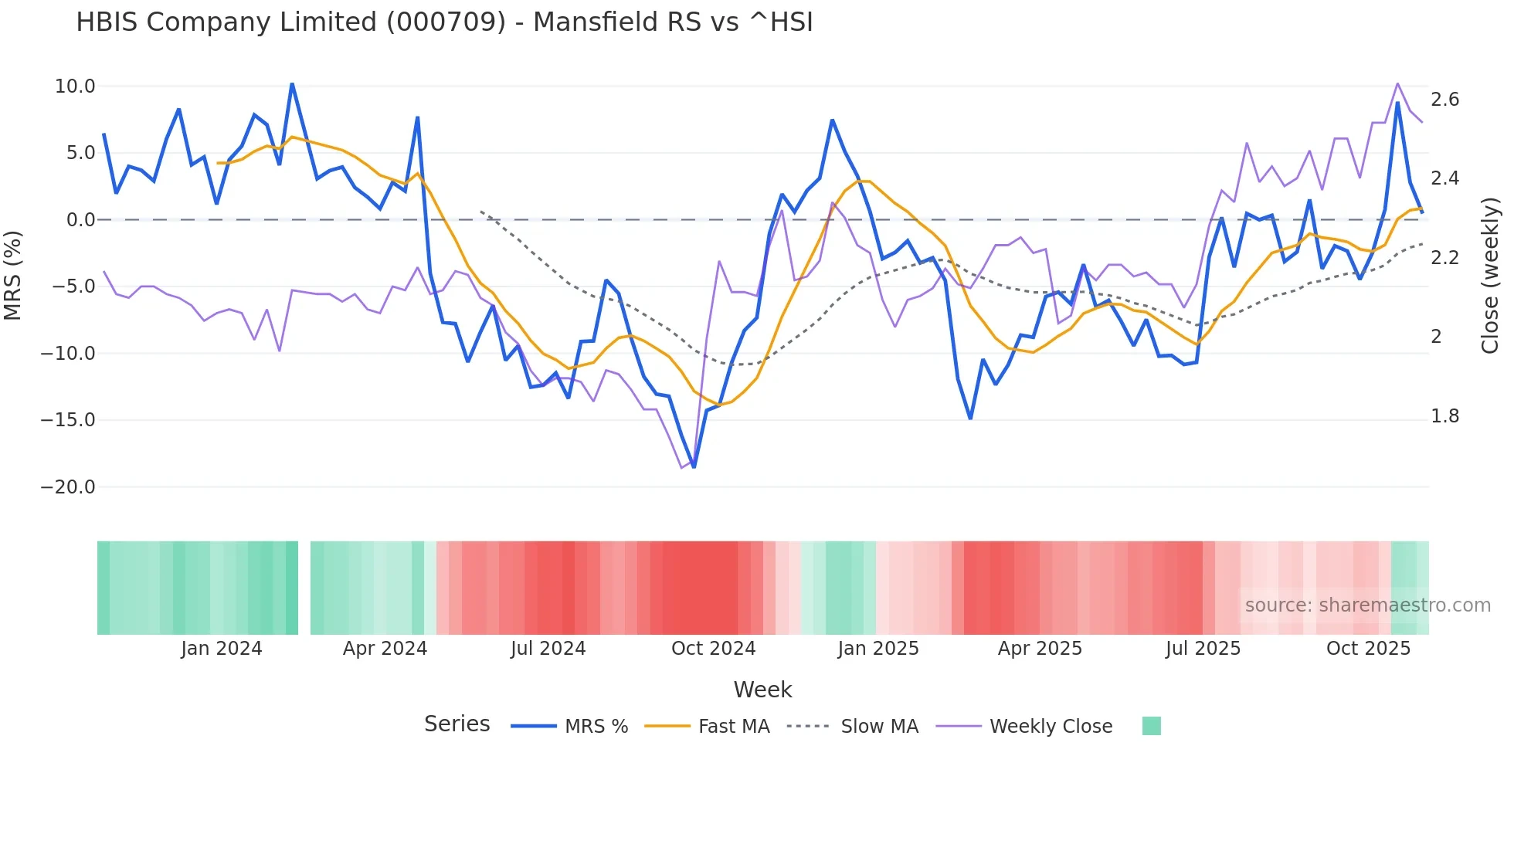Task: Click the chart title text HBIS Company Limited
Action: [444, 22]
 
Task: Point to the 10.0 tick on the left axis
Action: [75, 86]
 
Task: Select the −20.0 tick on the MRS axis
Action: [68, 487]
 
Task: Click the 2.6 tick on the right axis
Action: [1444, 100]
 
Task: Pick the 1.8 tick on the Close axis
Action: [1444, 416]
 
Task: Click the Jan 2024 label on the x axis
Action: [222, 649]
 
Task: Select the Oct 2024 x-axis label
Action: [713, 649]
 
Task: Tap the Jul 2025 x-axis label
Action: [1203, 649]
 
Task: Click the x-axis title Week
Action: [762, 690]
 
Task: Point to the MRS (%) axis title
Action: [13, 276]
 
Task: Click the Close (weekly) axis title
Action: [1490, 276]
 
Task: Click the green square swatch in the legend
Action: [1151, 726]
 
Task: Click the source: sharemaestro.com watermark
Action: [1367, 605]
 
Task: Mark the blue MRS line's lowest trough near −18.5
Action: [694, 467]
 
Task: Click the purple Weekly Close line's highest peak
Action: [1397, 83]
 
